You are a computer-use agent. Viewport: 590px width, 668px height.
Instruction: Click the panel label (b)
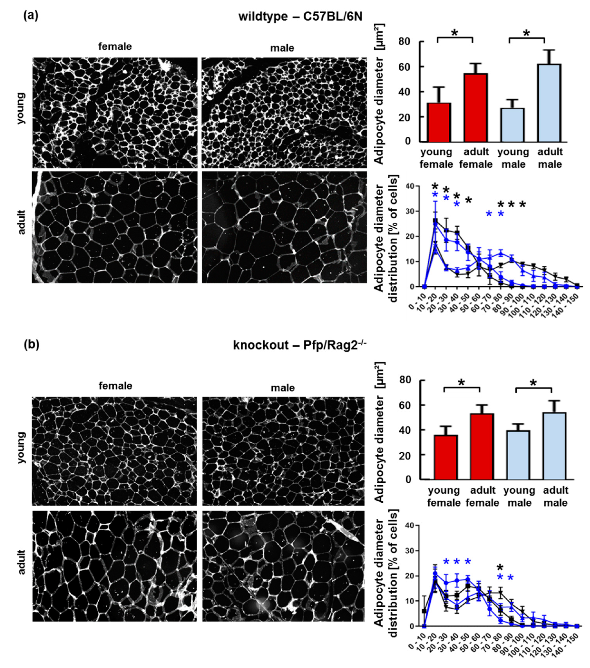pos(31,345)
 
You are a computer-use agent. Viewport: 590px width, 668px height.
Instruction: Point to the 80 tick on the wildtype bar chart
pos(407,41)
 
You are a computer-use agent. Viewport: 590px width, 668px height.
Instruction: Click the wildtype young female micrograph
pos(115,113)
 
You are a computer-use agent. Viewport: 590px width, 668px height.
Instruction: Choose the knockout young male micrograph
pos(283,451)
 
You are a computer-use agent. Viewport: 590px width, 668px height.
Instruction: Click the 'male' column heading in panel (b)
pos(283,388)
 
